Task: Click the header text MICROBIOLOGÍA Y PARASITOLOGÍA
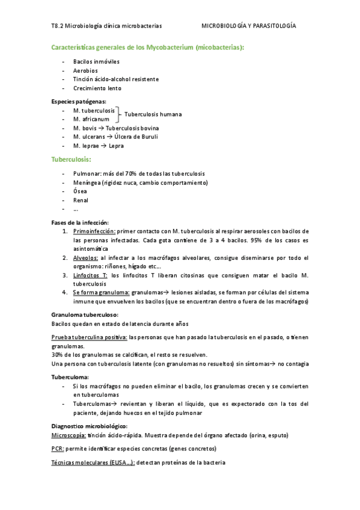tap(248, 26)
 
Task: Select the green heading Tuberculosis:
tap(72, 159)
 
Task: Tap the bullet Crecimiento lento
tap(97, 88)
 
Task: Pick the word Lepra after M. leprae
tap(116, 146)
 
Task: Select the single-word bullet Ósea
tap(80, 191)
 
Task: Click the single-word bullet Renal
tap(81, 200)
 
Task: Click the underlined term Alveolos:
tap(86, 257)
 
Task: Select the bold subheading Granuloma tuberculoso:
tap(85, 315)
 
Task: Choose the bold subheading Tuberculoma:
tap(71, 376)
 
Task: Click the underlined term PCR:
tap(59, 449)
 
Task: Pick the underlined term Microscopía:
tap(69, 435)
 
